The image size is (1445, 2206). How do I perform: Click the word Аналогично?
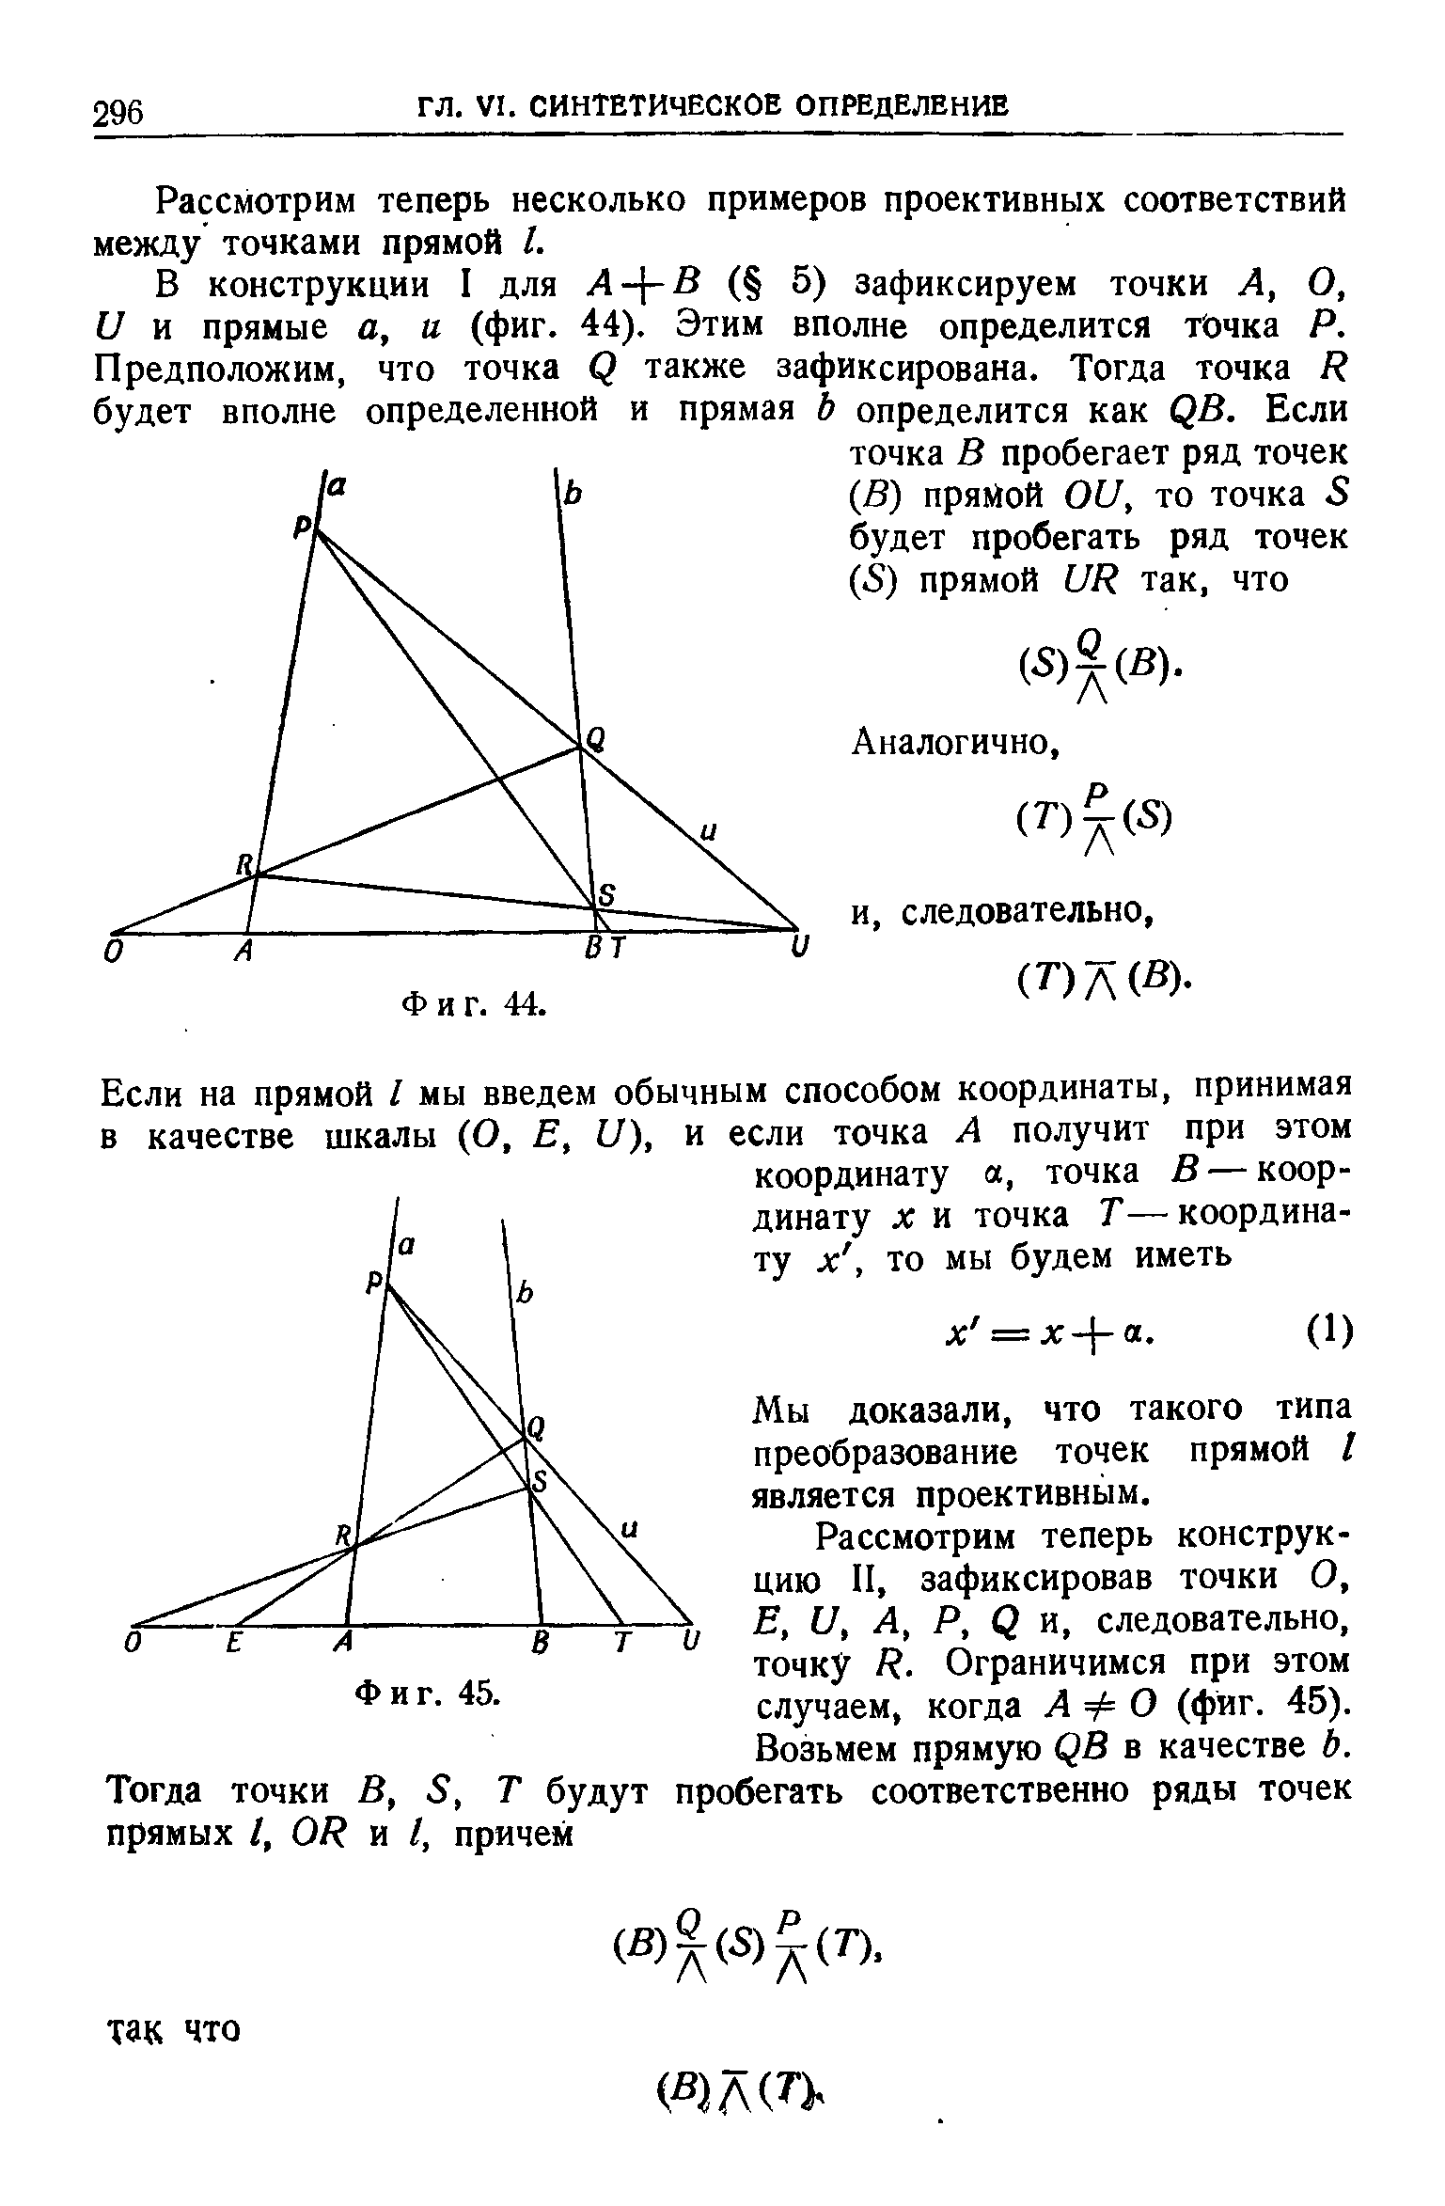tap(954, 744)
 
